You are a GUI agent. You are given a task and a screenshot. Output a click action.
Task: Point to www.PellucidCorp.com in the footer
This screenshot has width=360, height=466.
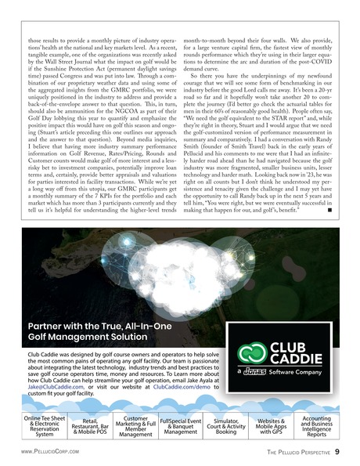pyautogui.click(x=52, y=452)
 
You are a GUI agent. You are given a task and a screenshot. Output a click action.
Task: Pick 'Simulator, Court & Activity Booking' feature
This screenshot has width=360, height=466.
pyautogui.click(x=226, y=427)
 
